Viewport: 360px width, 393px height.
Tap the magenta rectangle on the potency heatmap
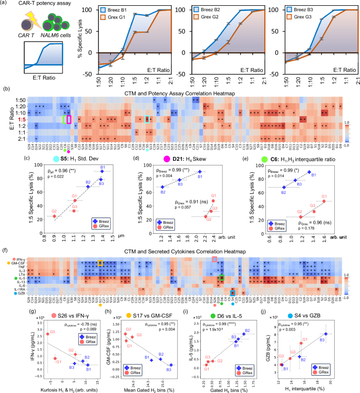[69, 119]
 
